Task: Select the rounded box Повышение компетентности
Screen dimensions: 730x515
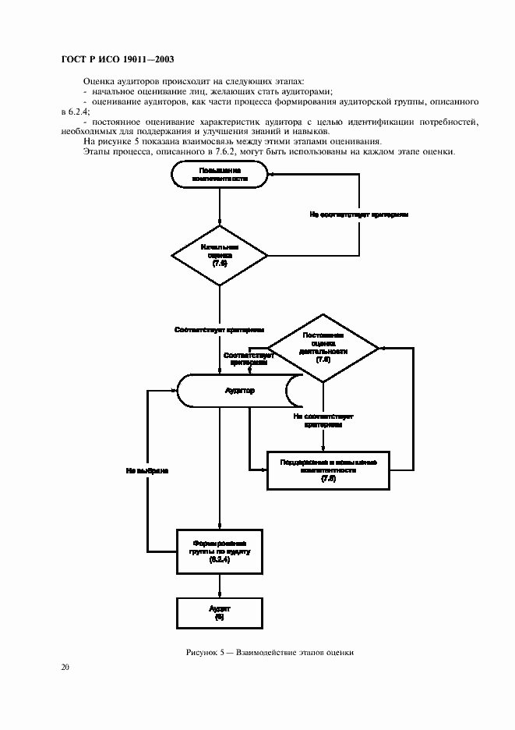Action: pos(220,174)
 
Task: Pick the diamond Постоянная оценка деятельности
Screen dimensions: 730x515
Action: pos(323,348)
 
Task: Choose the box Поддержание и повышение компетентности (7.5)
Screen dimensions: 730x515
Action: pos(328,470)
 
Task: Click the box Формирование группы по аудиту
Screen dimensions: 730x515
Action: pos(219,551)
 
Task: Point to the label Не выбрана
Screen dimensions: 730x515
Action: pos(147,471)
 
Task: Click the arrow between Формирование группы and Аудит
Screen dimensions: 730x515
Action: pos(220,585)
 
